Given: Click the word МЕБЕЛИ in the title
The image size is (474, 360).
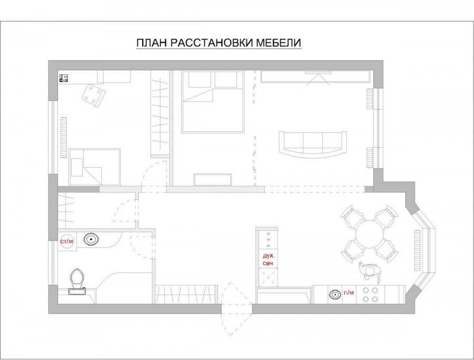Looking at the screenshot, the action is click(x=279, y=43).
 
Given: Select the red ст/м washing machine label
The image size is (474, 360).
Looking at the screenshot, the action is click(x=67, y=241).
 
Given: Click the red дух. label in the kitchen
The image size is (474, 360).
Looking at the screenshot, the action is click(x=269, y=255).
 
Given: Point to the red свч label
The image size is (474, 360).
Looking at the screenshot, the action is click(x=268, y=264).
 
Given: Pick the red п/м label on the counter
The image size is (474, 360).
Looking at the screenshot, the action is click(x=349, y=293).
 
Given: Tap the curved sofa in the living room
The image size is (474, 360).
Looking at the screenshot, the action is click(x=312, y=144).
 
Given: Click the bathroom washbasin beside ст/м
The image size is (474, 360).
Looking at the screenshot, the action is click(x=91, y=239).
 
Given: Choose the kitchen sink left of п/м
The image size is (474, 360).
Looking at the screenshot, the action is click(x=334, y=294).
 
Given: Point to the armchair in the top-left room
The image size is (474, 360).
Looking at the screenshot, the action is click(x=94, y=96).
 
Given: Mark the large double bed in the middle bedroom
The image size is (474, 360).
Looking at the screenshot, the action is click(x=213, y=102).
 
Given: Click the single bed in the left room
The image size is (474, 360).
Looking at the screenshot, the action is click(x=95, y=167).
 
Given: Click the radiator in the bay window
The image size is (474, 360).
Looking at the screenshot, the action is click(x=418, y=250).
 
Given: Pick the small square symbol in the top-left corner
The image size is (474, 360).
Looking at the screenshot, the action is click(x=64, y=79).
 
